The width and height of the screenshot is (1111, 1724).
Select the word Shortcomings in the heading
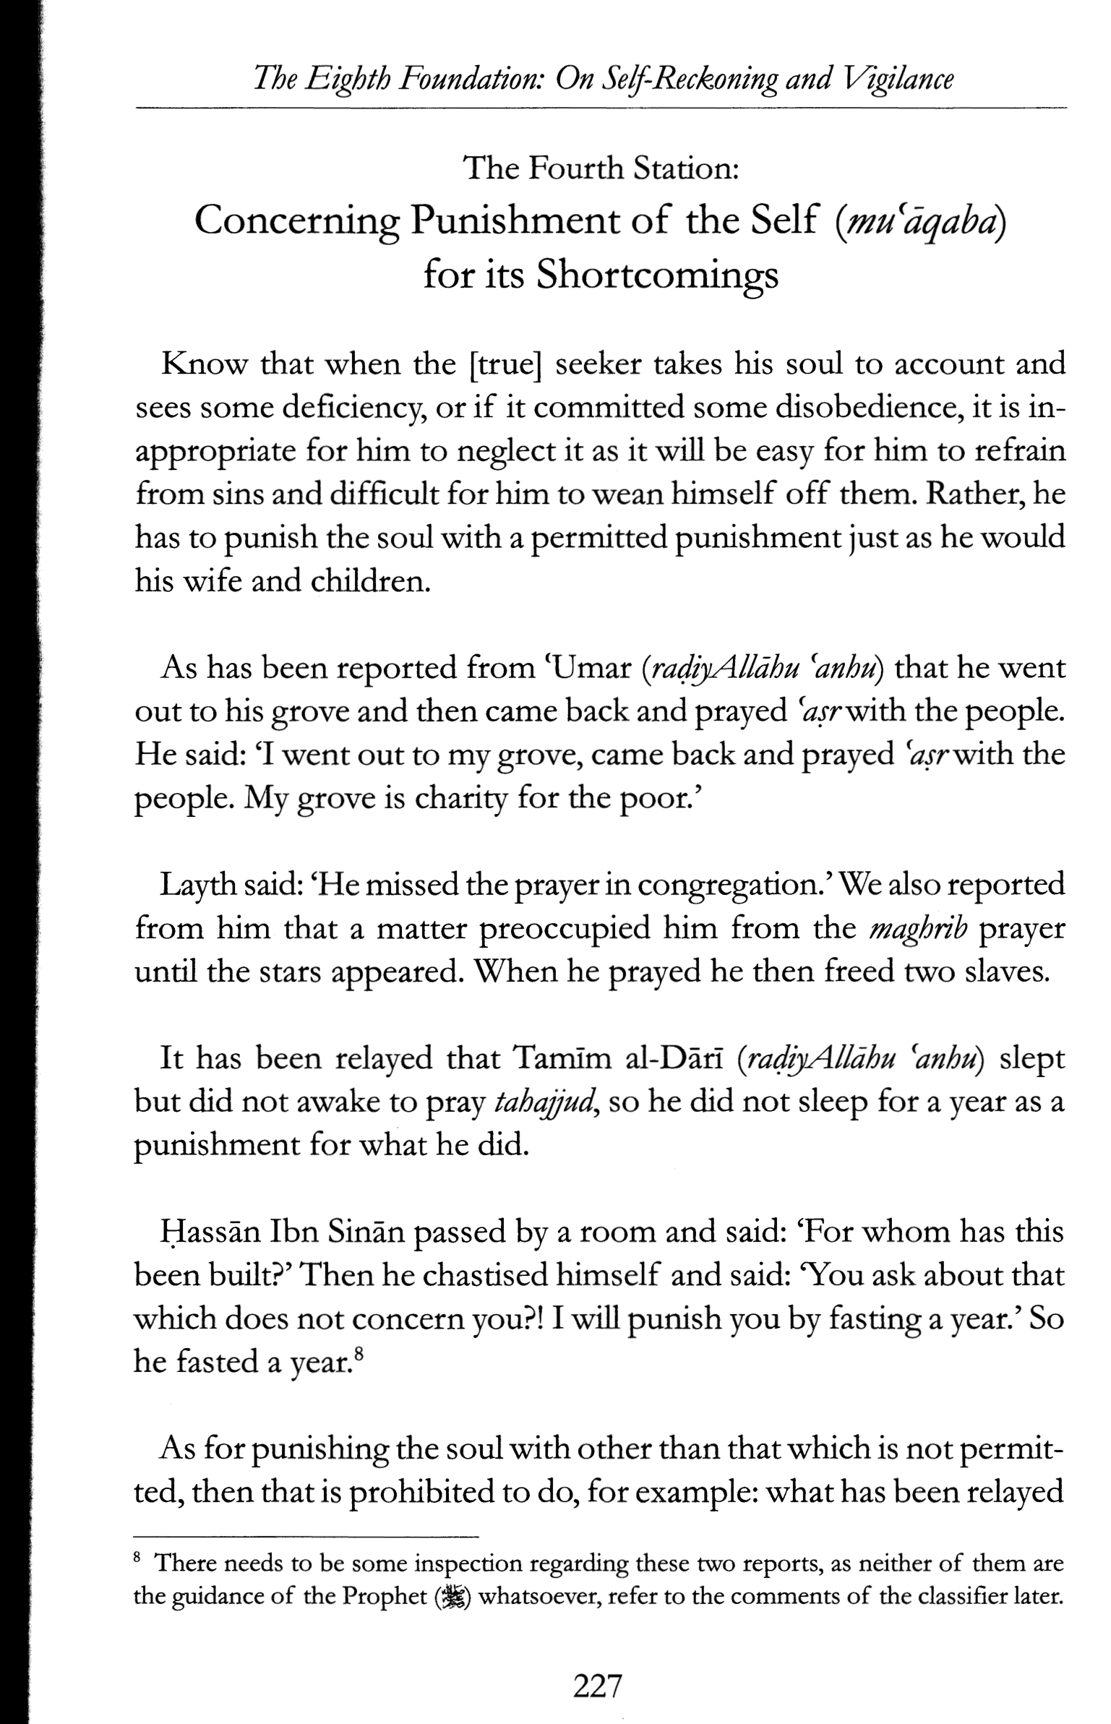656,275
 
